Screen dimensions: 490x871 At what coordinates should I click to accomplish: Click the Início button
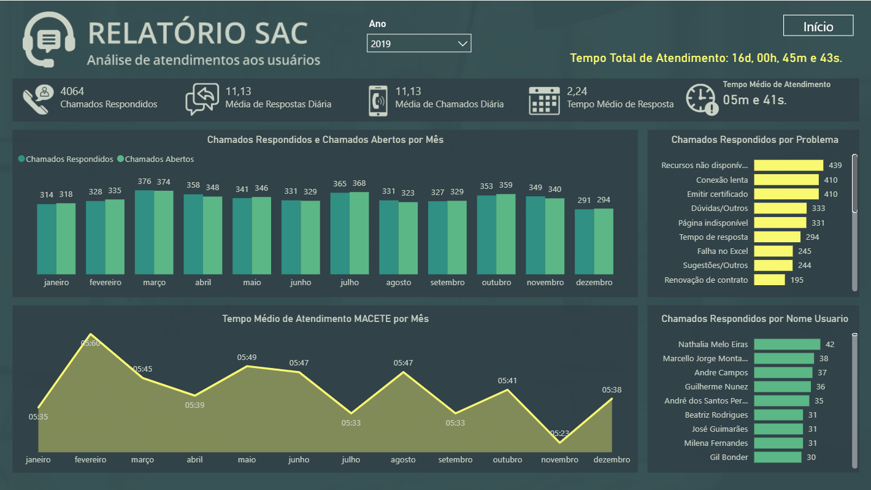(818, 26)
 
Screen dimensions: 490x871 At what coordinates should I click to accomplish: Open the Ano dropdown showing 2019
(419, 44)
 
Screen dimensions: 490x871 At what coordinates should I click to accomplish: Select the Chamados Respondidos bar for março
(144, 232)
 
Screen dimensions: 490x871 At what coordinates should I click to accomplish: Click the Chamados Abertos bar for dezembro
(604, 242)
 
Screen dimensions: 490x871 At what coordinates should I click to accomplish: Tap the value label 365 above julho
(340, 184)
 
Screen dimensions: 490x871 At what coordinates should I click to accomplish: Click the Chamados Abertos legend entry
(159, 159)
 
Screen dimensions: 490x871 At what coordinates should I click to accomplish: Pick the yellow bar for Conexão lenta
(786, 180)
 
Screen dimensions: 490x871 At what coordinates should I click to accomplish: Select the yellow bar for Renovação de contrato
(769, 280)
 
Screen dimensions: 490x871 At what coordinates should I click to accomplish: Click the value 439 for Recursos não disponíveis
(835, 166)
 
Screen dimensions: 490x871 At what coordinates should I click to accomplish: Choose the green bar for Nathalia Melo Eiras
(786, 345)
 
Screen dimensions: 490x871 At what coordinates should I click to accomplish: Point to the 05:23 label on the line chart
(559, 433)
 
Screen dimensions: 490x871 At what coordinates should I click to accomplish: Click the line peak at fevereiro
(91, 335)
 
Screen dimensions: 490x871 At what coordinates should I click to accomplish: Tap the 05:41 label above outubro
(507, 380)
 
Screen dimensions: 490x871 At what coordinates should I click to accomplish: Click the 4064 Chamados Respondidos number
(72, 91)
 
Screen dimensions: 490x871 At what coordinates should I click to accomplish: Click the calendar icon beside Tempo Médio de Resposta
(545, 99)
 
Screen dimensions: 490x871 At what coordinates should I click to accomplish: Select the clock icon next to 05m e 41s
(701, 99)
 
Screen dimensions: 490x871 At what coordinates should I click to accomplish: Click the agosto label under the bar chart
(398, 283)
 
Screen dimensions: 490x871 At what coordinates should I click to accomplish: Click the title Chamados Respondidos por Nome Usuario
(754, 318)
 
